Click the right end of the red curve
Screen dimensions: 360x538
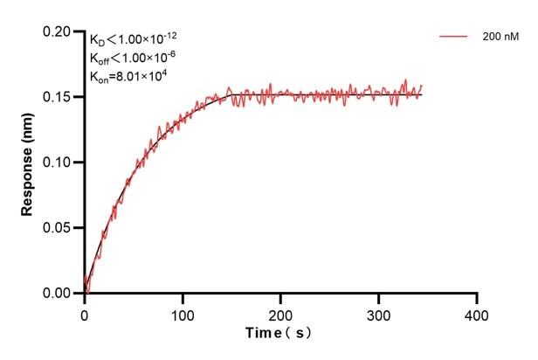click(x=422, y=87)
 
